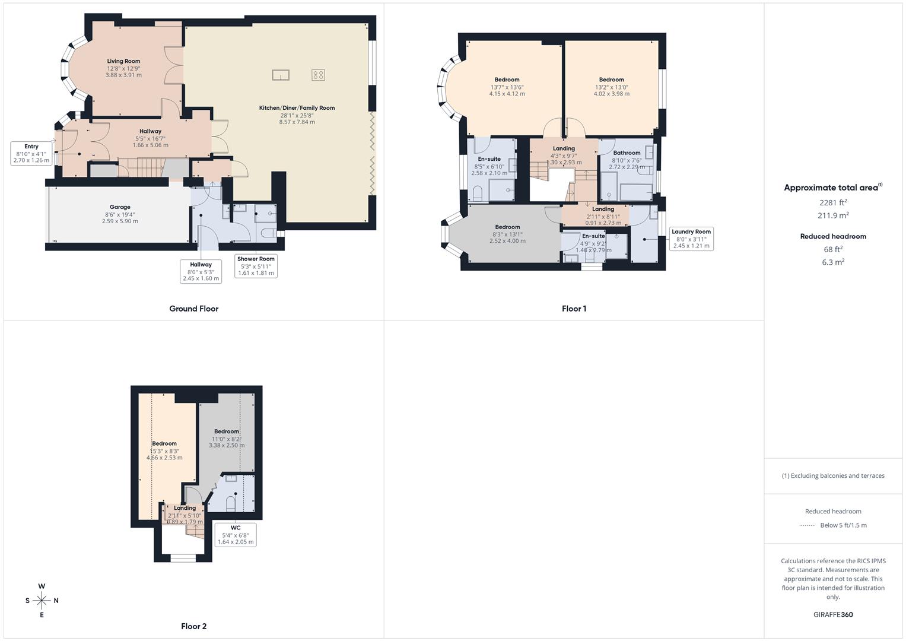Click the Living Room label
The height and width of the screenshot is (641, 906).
123,61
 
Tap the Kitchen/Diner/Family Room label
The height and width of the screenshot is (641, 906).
297,108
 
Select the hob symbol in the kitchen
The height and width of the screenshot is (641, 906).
318,75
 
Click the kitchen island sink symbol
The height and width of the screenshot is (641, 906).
281,75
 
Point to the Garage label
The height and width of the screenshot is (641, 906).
120,207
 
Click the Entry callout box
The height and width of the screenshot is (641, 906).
31,153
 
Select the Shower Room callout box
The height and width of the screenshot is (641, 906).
256,266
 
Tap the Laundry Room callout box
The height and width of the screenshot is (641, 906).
691,239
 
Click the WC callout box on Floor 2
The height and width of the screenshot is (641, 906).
236,535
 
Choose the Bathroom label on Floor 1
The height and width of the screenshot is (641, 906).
627,153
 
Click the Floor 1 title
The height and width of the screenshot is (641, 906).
574,309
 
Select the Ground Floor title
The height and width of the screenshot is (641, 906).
193,309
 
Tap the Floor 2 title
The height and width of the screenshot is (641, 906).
193,626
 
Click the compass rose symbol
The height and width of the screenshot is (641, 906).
42,601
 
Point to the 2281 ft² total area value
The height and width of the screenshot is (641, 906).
833,202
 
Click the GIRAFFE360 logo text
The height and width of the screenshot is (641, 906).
833,614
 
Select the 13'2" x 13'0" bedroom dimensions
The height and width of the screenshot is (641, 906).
611,87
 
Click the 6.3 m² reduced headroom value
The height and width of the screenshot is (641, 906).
833,262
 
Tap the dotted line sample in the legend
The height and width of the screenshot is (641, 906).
808,525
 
